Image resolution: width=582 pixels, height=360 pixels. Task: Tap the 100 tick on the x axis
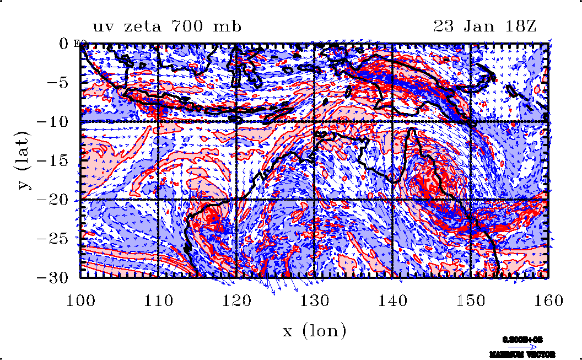(x=81, y=300)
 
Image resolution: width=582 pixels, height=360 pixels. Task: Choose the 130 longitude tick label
(x=314, y=300)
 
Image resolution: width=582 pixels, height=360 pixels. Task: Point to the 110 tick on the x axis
(x=159, y=300)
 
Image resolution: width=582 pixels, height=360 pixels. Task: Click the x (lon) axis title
(x=314, y=331)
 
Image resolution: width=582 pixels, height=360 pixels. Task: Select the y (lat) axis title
(x=23, y=160)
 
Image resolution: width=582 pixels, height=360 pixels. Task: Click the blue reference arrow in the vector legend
(x=530, y=347)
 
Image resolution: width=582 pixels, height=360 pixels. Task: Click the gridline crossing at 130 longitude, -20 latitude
(x=314, y=199)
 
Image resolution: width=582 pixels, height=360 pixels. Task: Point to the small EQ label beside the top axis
(x=78, y=44)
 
